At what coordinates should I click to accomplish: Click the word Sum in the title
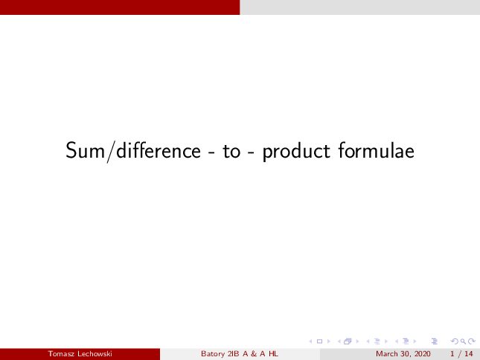(85, 150)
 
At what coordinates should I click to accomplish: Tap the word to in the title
(231, 152)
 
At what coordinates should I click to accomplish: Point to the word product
(296, 152)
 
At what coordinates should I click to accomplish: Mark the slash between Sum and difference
(110, 151)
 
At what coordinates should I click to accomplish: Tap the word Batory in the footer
(213, 354)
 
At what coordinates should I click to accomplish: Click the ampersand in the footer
(254, 354)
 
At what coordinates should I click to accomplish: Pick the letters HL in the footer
(273, 354)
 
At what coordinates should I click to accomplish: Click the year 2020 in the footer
(422, 354)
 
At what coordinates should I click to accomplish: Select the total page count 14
(469, 354)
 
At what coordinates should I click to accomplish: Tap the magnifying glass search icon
(463, 341)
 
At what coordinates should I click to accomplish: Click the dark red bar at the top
(120, 7)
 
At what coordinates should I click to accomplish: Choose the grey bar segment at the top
(359, 7)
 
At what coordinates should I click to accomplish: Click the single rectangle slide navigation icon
(319, 341)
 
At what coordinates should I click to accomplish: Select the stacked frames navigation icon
(348, 341)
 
